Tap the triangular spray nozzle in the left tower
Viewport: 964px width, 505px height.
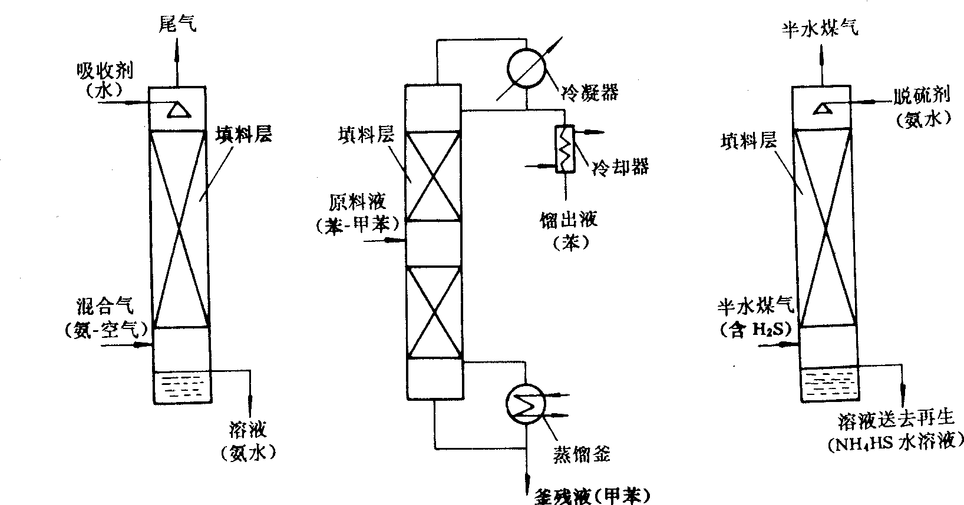click(175, 109)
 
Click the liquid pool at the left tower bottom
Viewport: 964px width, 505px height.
click(179, 386)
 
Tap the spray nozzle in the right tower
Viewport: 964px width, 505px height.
click(822, 108)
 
